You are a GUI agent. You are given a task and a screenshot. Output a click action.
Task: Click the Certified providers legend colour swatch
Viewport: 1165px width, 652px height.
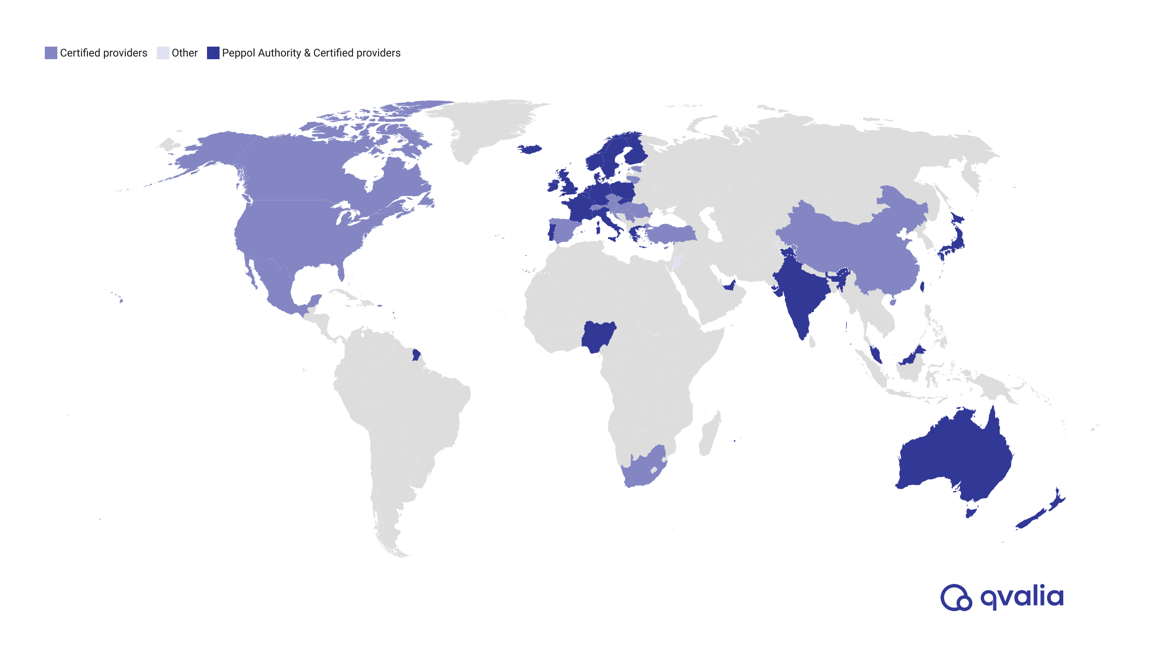pos(51,53)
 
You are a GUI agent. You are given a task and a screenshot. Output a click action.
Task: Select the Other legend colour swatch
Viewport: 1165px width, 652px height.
pos(162,53)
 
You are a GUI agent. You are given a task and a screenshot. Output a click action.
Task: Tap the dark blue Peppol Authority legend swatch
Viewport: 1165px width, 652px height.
pos(213,53)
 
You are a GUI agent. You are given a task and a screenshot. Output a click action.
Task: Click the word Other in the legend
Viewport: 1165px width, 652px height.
pos(185,53)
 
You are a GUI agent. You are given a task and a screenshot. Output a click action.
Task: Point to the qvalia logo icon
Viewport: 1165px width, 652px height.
pos(956,597)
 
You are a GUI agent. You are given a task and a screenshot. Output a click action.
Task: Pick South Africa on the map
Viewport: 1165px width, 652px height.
pos(642,470)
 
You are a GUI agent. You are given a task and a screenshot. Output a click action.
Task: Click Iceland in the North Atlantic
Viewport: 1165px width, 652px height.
pos(530,149)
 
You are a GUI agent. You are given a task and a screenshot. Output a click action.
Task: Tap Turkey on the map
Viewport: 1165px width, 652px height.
pos(669,234)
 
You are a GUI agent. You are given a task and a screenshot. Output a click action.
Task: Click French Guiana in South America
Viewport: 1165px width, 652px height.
pos(416,354)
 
